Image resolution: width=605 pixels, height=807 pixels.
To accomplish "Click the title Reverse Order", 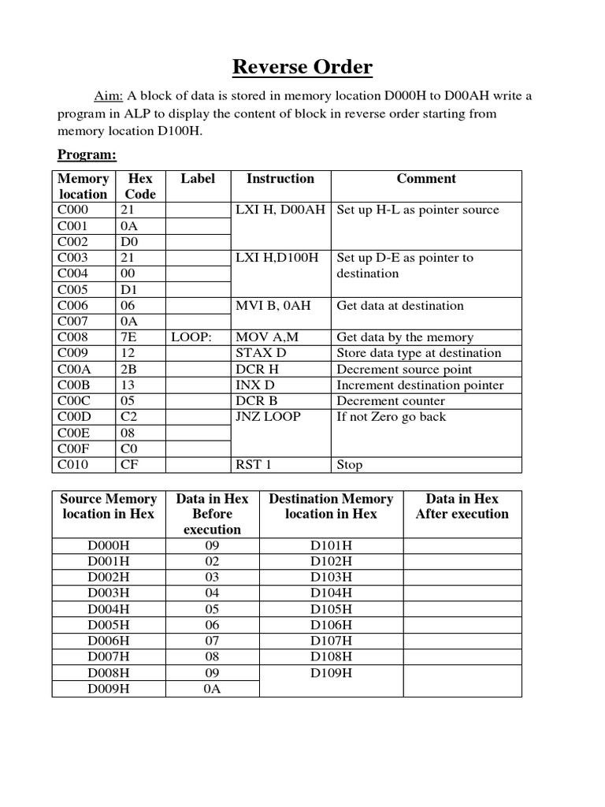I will pyautogui.click(x=302, y=68).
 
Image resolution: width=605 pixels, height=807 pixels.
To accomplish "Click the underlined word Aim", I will pyautogui.click(x=109, y=96).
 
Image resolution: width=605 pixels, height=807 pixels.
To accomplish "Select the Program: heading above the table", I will pyautogui.click(x=86, y=154).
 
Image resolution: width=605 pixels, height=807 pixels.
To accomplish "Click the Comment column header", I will pyautogui.click(x=425, y=179).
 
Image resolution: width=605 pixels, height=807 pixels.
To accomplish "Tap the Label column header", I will pyautogui.click(x=197, y=179).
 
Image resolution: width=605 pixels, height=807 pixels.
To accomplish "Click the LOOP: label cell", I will pyautogui.click(x=191, y=337).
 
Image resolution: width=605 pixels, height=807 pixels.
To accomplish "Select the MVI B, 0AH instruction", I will pyautogui.click(x=273, y=306).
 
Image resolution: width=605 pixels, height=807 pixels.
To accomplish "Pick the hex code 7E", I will pyautogui.click(x=128, y=337).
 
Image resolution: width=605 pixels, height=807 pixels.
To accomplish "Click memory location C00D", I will pyautogui.click(x=73, y=417).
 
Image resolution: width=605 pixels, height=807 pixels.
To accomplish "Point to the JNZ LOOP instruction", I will pyautogui.click(x=269, y=417).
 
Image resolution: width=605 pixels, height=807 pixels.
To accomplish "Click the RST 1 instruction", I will pyautogui.click(x=254, y=465).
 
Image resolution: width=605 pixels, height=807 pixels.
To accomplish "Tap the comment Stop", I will pyautogui.click(x=349, y=465).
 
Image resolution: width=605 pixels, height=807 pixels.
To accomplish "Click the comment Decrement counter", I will pyautogui.click(x=390, y=401).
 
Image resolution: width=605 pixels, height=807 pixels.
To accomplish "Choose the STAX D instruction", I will pyautogui.click(x=262, y=353).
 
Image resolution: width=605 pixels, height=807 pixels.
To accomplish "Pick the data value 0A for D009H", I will pyautogui.click(x=212, y=689).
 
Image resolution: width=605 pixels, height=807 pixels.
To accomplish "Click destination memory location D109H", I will pyautogui.click(x=331, y=673).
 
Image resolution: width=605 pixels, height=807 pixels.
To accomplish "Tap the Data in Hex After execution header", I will pyautogui.click(x=462, y=506).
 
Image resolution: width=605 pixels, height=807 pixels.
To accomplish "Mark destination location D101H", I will pyautogui.click(x=331, y=545).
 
